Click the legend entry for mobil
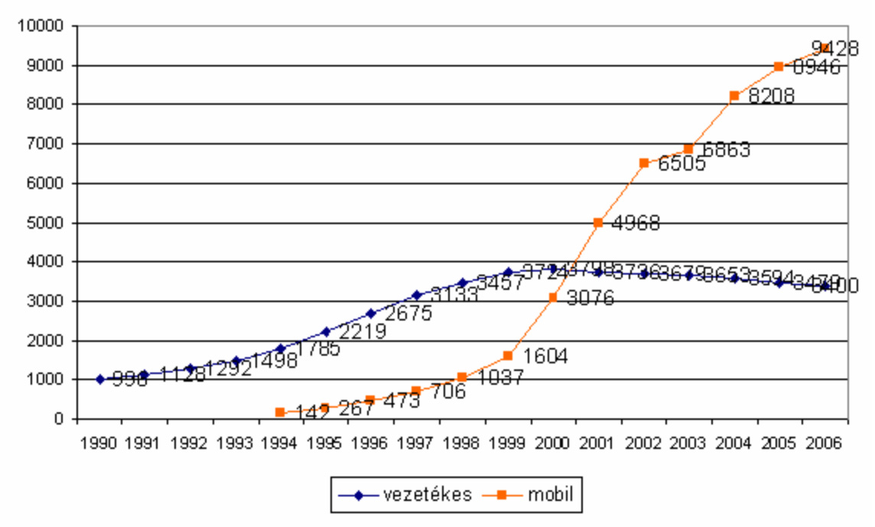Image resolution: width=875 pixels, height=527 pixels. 528,495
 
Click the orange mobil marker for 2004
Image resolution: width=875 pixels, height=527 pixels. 734,96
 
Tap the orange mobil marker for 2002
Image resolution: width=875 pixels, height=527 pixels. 644,163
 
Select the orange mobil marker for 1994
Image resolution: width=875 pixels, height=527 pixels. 280,412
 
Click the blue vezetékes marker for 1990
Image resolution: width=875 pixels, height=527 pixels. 99,379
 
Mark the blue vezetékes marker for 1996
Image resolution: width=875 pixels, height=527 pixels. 371,314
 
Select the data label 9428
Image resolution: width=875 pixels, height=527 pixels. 835,49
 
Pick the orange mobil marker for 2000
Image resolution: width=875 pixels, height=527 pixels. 553,298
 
